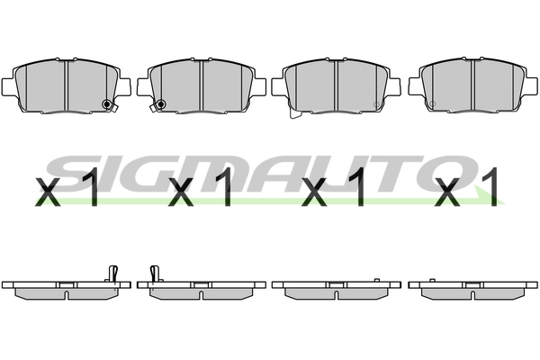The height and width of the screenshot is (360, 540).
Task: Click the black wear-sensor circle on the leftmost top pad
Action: click(107, 104)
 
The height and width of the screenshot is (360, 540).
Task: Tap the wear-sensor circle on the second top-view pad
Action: click(160, 104)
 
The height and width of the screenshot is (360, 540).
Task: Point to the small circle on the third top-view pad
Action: click(376, 104)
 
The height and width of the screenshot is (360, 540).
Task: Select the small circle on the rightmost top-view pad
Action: click(433, 103)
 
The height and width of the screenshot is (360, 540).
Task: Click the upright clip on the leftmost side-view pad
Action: click(113, 274)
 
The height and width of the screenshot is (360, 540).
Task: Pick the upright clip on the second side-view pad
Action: click(155, 274)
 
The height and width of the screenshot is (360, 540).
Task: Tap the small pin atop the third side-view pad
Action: click(377, 280)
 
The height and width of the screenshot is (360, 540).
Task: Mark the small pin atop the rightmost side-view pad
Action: click(432, 280)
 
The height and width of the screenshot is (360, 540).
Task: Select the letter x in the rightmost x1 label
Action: click(447, 193)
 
